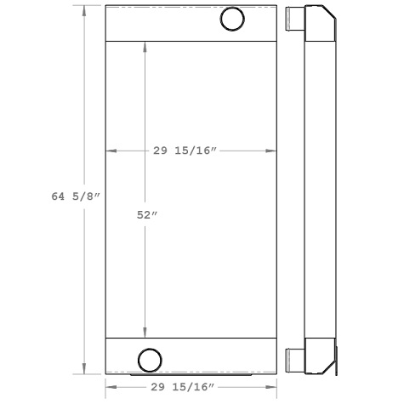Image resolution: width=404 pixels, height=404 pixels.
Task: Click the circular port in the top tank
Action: pos(231,19)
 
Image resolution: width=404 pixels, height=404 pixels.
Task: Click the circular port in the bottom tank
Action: pos(150,359)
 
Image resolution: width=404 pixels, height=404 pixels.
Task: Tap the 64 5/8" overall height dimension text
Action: pos(75,197)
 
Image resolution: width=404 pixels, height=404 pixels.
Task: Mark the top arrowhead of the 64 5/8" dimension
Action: pos(83,9)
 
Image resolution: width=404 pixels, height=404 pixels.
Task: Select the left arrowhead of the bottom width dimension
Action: pos(110,387)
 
